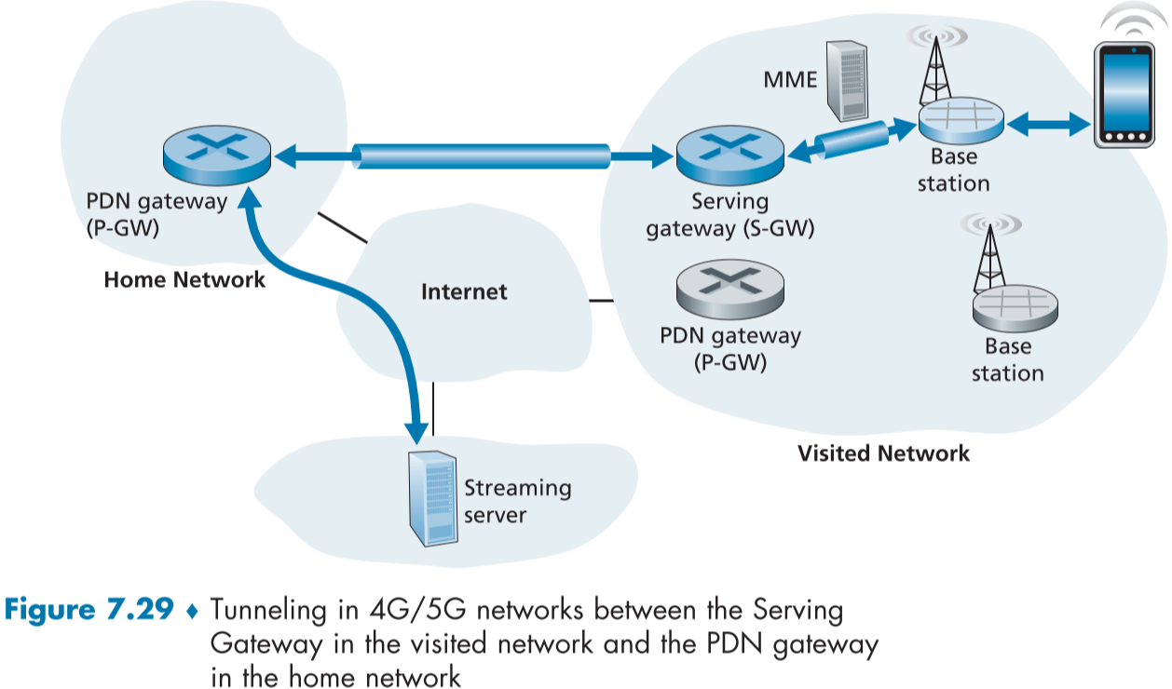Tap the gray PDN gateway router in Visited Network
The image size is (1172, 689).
[729, 287]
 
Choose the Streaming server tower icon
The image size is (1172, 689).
[431, 498]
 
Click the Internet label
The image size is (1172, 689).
[464, 291]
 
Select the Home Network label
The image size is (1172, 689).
[184, 279]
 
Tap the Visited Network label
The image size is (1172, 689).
[883, 453]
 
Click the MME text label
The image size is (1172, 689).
[790, 79]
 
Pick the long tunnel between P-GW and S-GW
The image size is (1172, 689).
[482, 155]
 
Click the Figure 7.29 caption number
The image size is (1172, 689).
[89, 611]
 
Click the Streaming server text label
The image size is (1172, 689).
[517, 500]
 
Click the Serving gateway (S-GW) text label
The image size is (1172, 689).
[730, 214]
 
